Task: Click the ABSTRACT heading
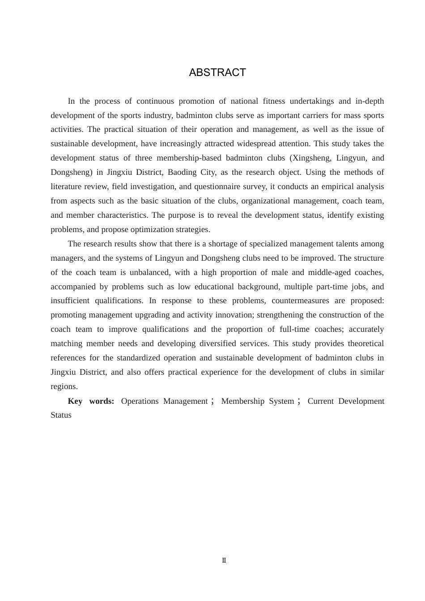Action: click(217, 72)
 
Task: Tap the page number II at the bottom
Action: click(224, 560)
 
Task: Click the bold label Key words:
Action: click(91, 401)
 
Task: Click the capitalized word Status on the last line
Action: click(61, 415)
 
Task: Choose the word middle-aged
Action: click(328, 272)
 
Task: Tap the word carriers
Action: click(313, 115)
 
